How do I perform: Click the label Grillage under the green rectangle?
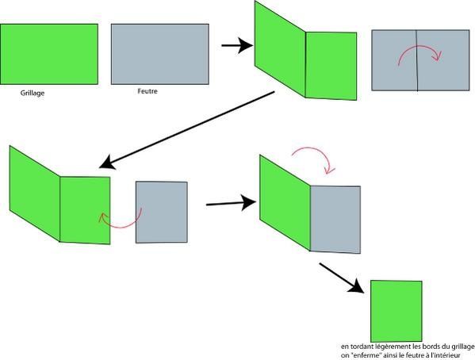click(x=33, y=93)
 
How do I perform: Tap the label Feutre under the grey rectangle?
click(x=147, y=91)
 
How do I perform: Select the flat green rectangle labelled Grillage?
click(x=49, y=54)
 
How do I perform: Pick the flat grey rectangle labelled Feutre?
click(x=160, y=54)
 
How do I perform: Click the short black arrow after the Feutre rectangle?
click(x=237, y=45)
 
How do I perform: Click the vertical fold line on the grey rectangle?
click(x=417, y=60)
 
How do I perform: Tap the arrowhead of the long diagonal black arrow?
click(x=106, y=163)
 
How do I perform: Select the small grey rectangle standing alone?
click(x=162, y=213)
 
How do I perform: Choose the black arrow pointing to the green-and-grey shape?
click(x=231, y=203)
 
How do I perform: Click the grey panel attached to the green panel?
click(x=335, y=220)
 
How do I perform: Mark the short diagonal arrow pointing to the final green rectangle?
click(x=342, y=278)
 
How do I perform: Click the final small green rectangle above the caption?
click(x=396, y=311)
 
